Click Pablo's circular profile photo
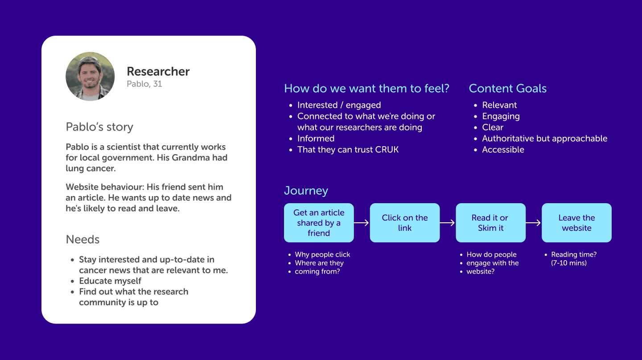tap(90, 76)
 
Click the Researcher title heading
tap(158, 71)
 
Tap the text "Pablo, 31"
tap(144, 84)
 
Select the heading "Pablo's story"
tap(99, 127)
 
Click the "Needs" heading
tap(82, 239)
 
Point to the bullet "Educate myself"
tap(110, 281)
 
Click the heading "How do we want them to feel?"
tap(366, 88)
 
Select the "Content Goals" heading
tap(507, 88)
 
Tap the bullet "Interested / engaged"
tap(339, 105)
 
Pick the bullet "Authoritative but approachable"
tap(544, 139)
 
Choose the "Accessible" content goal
tap(503, 150)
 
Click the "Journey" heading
tap(306, 191)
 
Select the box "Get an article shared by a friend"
tap(319, 223)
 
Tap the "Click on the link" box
tap(405, 223)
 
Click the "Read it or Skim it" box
tap(490, 223)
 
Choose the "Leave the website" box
tap(576, 223)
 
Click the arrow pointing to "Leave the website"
tap(533, 223)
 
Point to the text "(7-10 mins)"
tap(569, 263)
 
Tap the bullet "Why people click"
tap(322, 254)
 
